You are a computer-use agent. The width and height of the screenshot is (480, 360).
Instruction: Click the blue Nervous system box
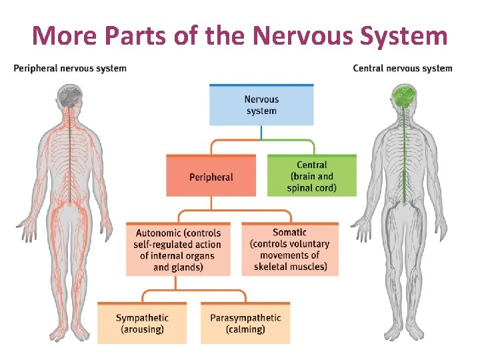[261, 105]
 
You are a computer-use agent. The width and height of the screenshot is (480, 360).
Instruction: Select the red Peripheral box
[211, 175]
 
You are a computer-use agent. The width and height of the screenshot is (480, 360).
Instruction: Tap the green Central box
[312, 175]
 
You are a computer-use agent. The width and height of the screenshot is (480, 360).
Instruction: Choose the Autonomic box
[178, 249]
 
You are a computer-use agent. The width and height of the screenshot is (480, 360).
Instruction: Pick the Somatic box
[290, 249]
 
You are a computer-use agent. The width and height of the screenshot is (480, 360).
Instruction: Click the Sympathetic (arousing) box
[142, 323]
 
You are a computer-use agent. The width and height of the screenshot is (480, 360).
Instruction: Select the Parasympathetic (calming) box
[245, 323]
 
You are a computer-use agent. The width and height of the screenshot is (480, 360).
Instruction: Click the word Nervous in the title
[304, 36]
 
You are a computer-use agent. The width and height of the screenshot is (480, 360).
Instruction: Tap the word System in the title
[403, 37]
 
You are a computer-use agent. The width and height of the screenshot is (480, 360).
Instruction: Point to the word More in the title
[64, 36]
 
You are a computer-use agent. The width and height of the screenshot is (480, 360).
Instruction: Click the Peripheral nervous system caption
[70, 68]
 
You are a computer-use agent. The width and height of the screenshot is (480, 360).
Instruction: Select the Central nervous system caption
[403, 68]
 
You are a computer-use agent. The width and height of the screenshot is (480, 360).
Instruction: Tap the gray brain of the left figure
[70, 96]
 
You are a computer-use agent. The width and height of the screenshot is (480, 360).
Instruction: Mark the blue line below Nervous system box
[261, 133]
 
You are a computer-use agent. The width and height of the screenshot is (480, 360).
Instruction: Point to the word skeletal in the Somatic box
[270, 266]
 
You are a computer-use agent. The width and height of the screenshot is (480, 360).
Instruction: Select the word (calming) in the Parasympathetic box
[245, 329]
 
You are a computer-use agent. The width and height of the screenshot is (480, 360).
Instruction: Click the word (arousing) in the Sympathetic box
[142, 329]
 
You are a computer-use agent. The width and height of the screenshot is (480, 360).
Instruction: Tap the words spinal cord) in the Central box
[311, 187]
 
